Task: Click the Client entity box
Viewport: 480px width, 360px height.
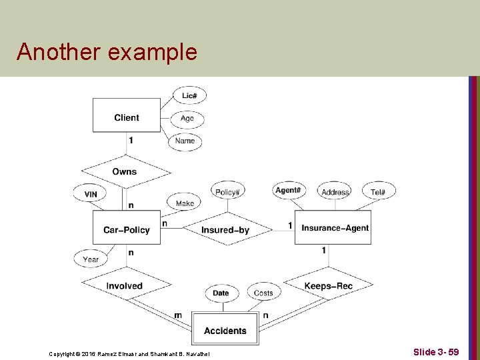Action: point(126,117)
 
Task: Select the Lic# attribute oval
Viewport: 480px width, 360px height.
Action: point(189,96)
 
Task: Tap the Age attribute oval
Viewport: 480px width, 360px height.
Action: point(187,119)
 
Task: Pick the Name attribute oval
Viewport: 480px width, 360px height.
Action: point(185,141)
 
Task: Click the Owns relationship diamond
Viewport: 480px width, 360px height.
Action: point(125,171)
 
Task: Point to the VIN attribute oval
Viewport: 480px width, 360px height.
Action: point(91,194)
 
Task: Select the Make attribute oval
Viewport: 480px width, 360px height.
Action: point(185,203)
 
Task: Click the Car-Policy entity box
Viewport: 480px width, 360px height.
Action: point(126,229)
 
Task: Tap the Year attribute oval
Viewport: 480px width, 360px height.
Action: point(91,259)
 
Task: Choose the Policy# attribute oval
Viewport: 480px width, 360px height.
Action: point(227,192)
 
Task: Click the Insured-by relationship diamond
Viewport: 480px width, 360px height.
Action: point(225,230)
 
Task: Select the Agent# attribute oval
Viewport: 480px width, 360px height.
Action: point(287,191)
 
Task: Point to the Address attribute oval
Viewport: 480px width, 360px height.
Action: point(335,192)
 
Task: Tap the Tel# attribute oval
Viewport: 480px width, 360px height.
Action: point(378,192)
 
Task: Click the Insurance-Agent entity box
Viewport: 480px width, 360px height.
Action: point(335,228)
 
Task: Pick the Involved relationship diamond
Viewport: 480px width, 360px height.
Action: point(125,286)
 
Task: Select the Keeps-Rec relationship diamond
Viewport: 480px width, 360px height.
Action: point(328,286)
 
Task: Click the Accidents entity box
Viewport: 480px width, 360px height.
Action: point(225,331)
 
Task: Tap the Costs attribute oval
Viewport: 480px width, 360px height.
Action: point(263,293)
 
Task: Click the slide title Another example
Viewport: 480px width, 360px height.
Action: point(107,51)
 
